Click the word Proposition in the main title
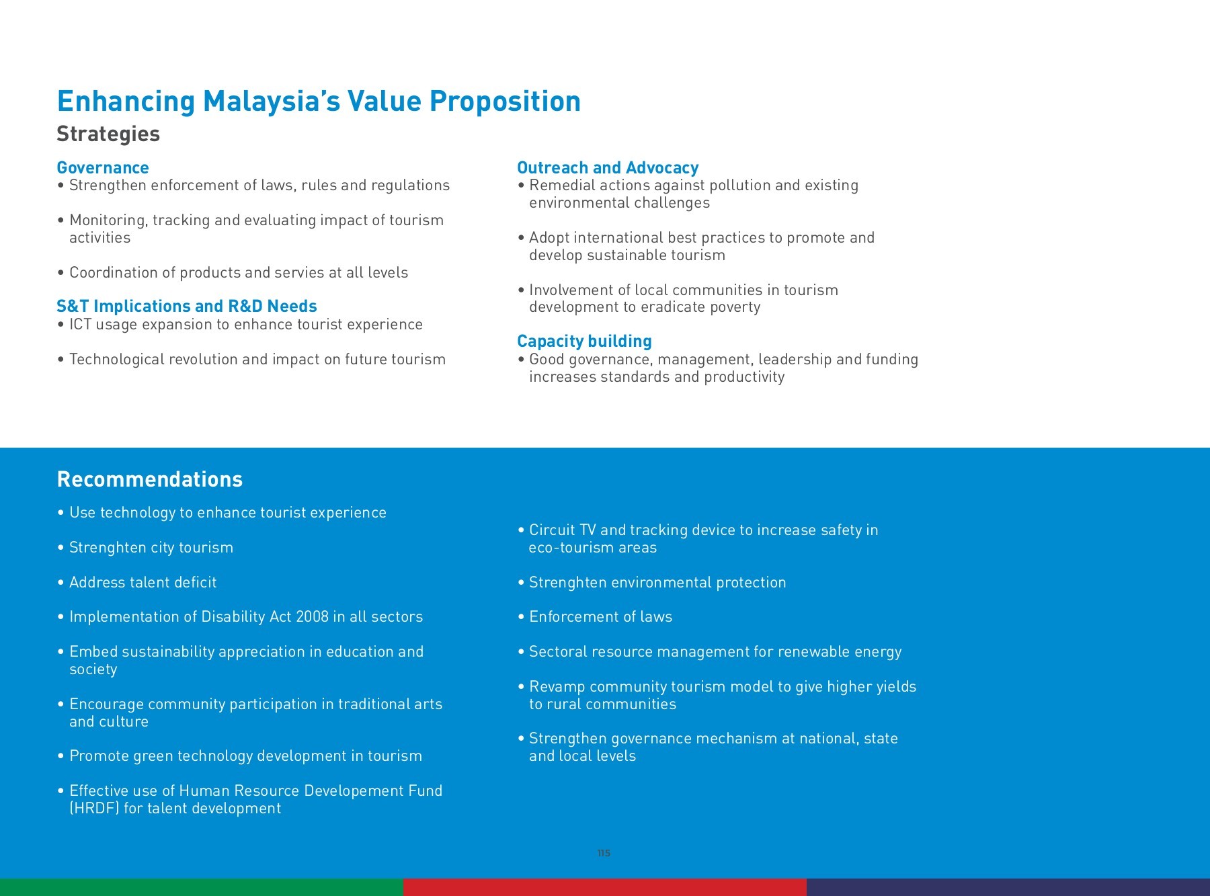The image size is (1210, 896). coord(505,102)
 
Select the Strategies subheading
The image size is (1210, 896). coord(108,134)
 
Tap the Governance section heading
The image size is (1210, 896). coord(103,167)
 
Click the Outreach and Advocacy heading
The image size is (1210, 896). coord(608,167)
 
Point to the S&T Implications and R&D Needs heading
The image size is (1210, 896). coord(187,307)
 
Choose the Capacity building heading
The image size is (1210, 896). coord(584,341)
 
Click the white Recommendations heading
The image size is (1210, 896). coord(150,479)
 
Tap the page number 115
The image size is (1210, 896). coord(604,853)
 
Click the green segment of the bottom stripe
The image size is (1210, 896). coord(202,887)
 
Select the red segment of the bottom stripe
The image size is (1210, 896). coord(605,887)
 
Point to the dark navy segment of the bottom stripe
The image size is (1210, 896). coord(1008,887)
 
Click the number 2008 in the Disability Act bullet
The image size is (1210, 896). coord(312,617)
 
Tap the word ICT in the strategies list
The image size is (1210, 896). coord(80,325)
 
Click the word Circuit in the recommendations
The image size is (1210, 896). coord(552,530)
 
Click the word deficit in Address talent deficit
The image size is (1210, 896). coord(195,583)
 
